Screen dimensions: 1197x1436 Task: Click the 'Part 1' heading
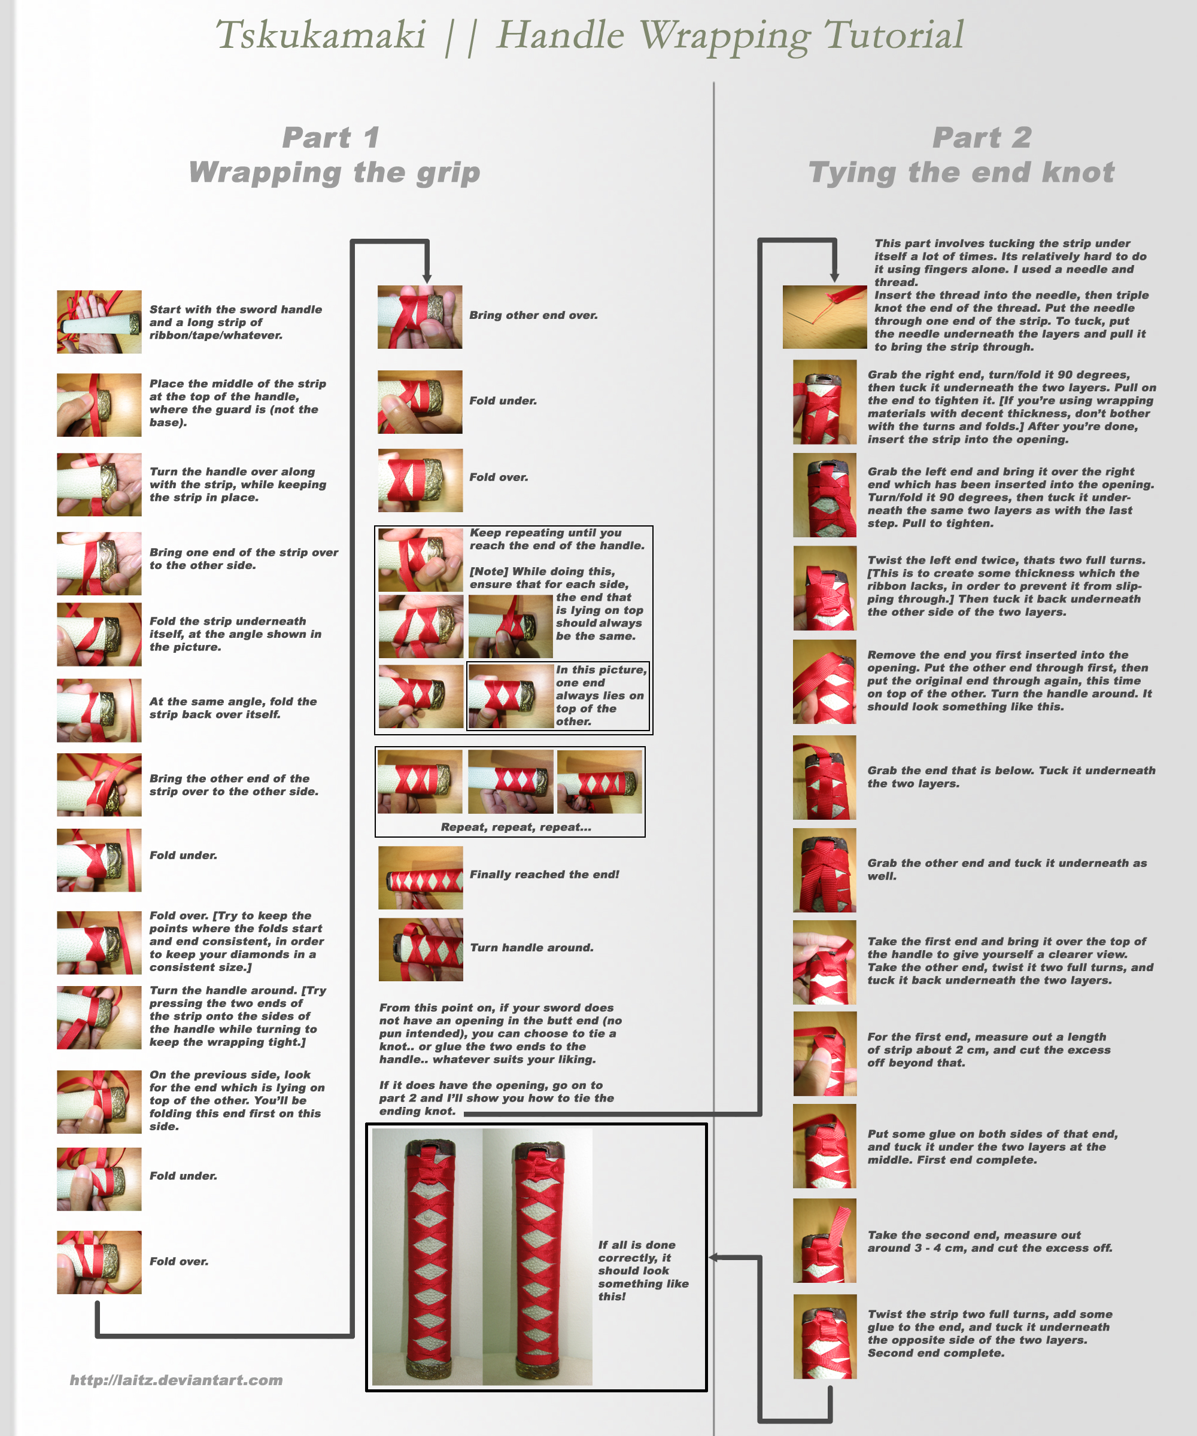(331, 138)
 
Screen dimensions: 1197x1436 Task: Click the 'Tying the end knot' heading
(961, 173)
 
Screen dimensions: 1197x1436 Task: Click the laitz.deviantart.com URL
(177, 1380)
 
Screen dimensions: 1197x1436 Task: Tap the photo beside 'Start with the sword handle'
(99, 321)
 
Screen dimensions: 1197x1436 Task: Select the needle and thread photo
(825, 317)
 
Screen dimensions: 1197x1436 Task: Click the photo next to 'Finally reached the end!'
(421, 877)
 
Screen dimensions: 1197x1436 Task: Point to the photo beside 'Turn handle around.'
(421, 950)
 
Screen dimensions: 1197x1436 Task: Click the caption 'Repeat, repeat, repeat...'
(516, 827)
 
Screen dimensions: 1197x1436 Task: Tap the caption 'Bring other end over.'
(533, 315)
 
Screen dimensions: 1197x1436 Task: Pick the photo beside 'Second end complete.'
(825, 1336)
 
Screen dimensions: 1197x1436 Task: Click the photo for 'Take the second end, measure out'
(825, 1240)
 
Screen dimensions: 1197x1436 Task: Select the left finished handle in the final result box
(427, 1257)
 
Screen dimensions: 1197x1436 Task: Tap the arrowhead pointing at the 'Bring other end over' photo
(427, 278)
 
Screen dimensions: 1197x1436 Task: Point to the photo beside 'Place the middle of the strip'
(99, 405)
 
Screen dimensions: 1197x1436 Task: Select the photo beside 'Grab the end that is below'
(825, 777)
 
